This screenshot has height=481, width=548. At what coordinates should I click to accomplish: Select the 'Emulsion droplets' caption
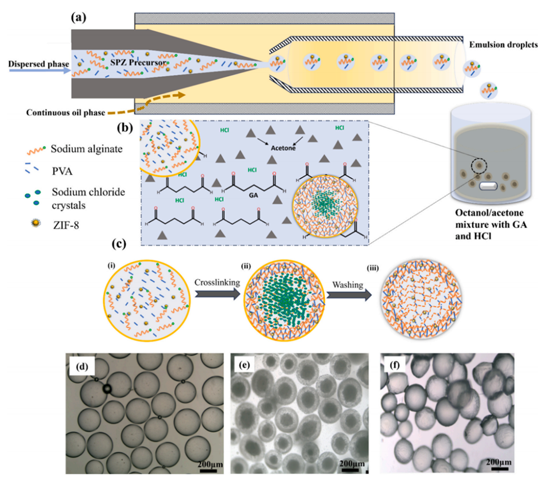[x=502, y=45]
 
